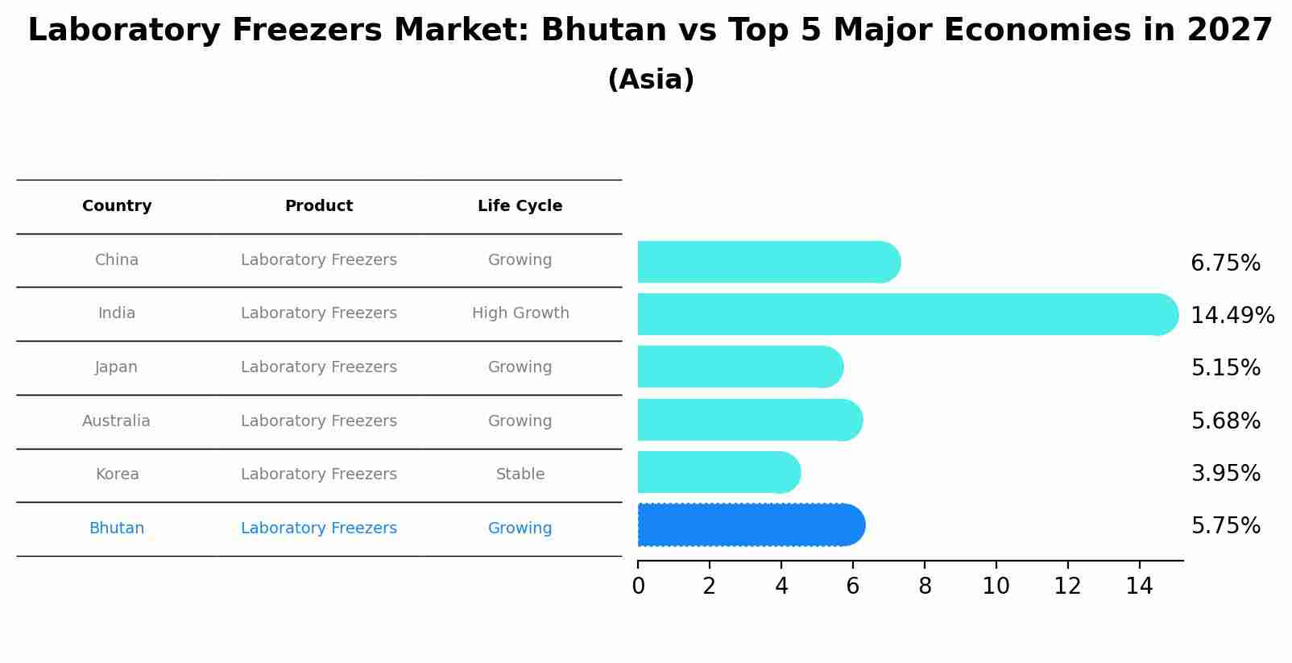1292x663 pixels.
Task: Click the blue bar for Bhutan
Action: (751, 525)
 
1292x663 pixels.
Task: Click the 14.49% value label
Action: (1232, 315)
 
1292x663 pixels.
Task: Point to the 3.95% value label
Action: (1225, 473)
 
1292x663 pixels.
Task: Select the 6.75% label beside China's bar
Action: (1225, 263)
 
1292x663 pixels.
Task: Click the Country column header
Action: (117, 206)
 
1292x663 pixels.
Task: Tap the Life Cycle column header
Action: (520, 206)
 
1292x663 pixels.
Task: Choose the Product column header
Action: (319, 206)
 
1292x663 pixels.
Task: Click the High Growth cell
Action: (520, 313)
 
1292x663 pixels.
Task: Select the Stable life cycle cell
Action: (520, 474)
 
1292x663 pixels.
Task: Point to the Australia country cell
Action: (116, 421)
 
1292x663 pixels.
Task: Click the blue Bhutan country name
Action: (117, 528)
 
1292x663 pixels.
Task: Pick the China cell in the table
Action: (117, 260)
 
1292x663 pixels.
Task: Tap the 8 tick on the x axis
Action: (925, 586)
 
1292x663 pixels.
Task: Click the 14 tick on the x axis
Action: (1139, 586)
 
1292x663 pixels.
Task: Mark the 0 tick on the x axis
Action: (638, 586)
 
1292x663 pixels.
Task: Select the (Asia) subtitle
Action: (651, 80)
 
